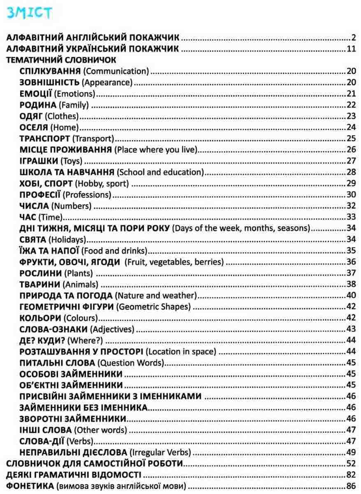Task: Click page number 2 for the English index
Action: click(354, 39)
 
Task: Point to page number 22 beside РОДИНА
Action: click(351, 105)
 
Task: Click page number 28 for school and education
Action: click(351, 172)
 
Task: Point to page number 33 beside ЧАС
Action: click(351, 216)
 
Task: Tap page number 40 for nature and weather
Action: click(351, 295)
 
